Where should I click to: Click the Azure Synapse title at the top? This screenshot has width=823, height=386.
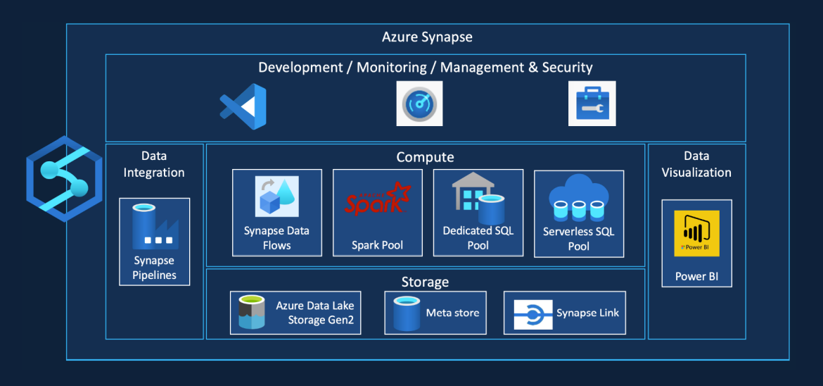pyautogui.click(x=427, y=37)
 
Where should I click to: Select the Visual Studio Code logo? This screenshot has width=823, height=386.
pyautogui.click(x=243, y=106)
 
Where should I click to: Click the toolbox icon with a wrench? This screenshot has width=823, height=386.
pyautogui.click(x=592, y=104)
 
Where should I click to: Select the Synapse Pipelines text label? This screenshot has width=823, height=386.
pyautogui.click(x=154, y=268)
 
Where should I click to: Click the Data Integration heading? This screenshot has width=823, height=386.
pyautogui.click(x=153, y=164)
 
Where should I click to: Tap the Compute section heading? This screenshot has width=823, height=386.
pyautogui.click(x=425, y=157)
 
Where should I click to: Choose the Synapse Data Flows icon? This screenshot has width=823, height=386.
pyautogui.click(x=276, y=197)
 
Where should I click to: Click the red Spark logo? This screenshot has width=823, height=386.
pyautogui.click(x=377, y=199)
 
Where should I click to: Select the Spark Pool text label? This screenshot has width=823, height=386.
pyautogui.click(x=377, y=245)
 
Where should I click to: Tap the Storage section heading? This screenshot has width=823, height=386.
pyautogui.click(x=425, y=282)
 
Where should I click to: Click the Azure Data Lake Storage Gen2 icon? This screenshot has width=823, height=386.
pyautogui.click(x=251, y=313)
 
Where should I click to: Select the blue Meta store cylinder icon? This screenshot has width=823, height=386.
pyautogui.click(x=406, y=313)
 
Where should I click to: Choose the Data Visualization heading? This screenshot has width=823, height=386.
pyautogui.click(x=696, y=164)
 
